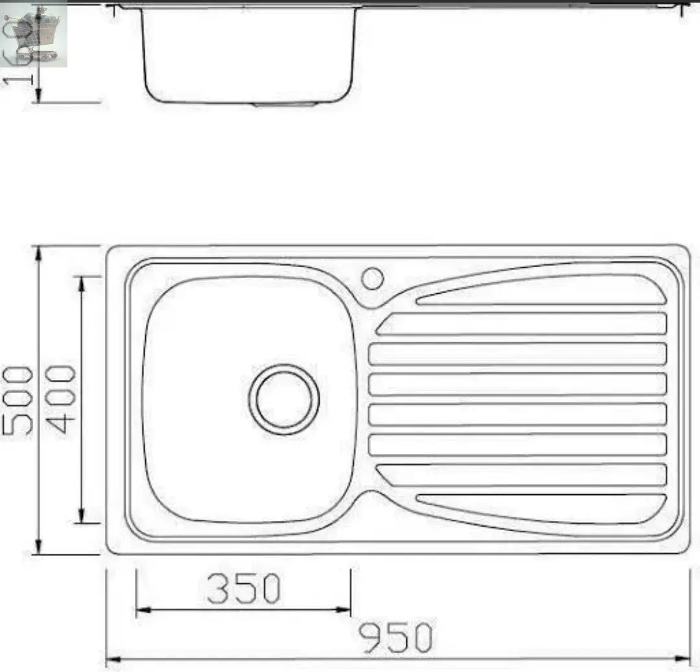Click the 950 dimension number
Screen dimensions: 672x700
point(395,638)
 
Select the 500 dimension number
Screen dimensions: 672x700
point(17,400)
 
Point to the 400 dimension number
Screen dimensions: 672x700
point(63,400)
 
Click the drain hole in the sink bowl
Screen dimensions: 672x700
point(285,400)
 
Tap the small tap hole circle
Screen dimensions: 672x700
point(373,278)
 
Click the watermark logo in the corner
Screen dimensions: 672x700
point(34,34)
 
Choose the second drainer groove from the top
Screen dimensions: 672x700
point(522,324)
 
